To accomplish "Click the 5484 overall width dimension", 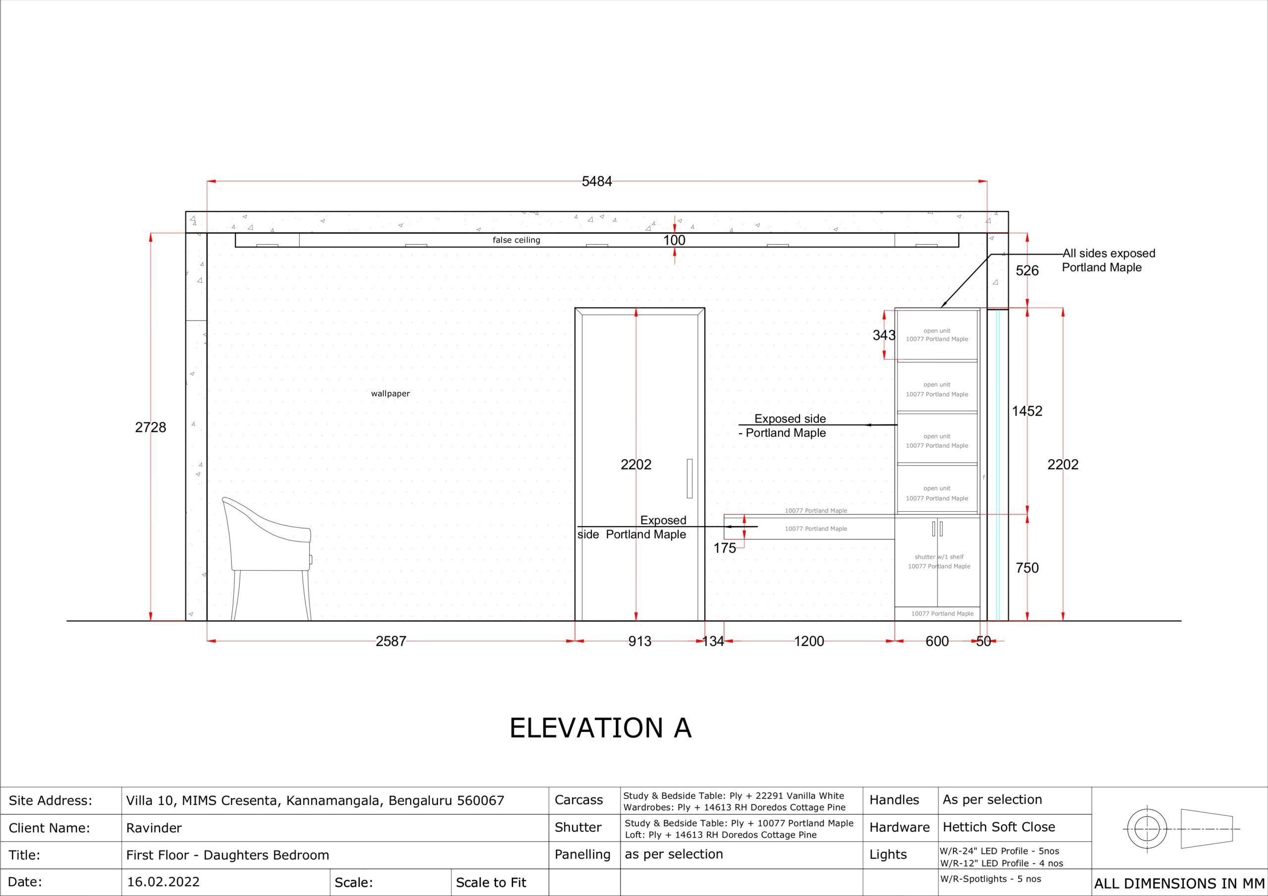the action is point(596,181).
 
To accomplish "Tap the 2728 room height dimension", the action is point(150,427).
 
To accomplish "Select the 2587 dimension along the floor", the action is point(391,641).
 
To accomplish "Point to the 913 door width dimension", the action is point(639,641).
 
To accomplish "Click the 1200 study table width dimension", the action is point(809,641).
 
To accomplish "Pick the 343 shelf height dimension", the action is point(884,335).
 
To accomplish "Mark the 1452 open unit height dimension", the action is point(1027,411).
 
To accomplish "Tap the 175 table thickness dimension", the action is point(725,548).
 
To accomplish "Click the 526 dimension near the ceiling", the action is point(1027,270).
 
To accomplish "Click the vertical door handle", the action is point(689,478).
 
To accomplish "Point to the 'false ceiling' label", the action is point(517,240).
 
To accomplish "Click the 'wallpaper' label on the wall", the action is point(390,394).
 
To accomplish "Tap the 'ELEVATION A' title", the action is point(600,728).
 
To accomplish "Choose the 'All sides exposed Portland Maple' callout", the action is point(1109,260).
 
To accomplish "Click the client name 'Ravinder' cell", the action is point(154,828).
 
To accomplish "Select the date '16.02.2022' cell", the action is point(163,882).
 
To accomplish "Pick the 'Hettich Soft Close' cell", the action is point(999,827).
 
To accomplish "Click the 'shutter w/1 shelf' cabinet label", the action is point(939,557).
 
